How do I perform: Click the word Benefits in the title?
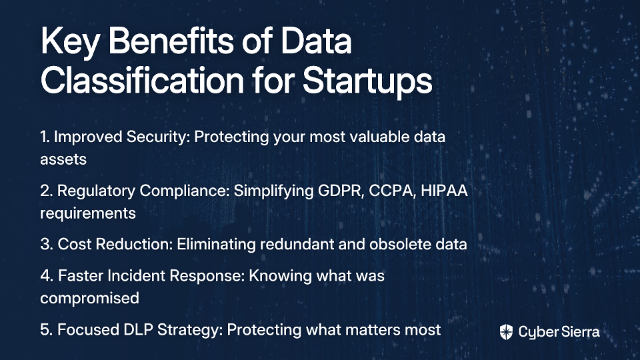[171, 41]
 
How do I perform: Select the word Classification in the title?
[143, 79]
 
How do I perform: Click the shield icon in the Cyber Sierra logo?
[506, 332]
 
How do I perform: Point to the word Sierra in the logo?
[579, 331]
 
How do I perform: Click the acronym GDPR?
[341, 191]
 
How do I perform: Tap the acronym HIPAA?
[444, 191]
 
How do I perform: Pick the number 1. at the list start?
[45, 137]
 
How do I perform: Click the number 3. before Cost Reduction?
[47, 244]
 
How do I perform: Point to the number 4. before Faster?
[47, 275]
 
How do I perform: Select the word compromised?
[90, 299]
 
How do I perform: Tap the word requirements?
[88, 213]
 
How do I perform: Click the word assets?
[63, 159]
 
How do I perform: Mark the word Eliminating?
[216, 244]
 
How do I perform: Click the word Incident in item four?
[136, 275]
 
